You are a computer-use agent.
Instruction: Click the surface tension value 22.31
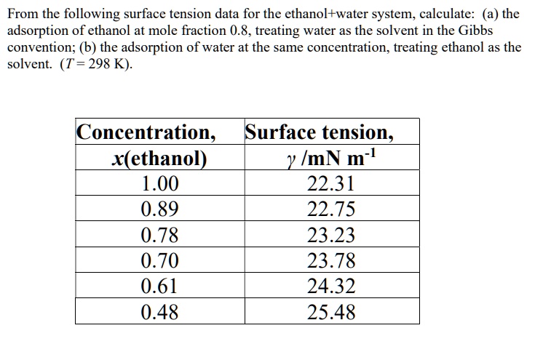(331, 184)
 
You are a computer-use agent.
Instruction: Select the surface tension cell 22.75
(331, 209)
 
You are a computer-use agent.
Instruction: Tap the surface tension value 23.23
(331, 235)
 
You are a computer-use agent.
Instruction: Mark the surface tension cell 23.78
(331, 260)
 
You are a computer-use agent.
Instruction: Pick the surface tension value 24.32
(331, 286)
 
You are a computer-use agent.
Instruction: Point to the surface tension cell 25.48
(331, 312)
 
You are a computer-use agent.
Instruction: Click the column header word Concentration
(146, 133)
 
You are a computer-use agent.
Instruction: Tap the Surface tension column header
(320, 133)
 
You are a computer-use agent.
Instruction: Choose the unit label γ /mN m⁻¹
(331, 159)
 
